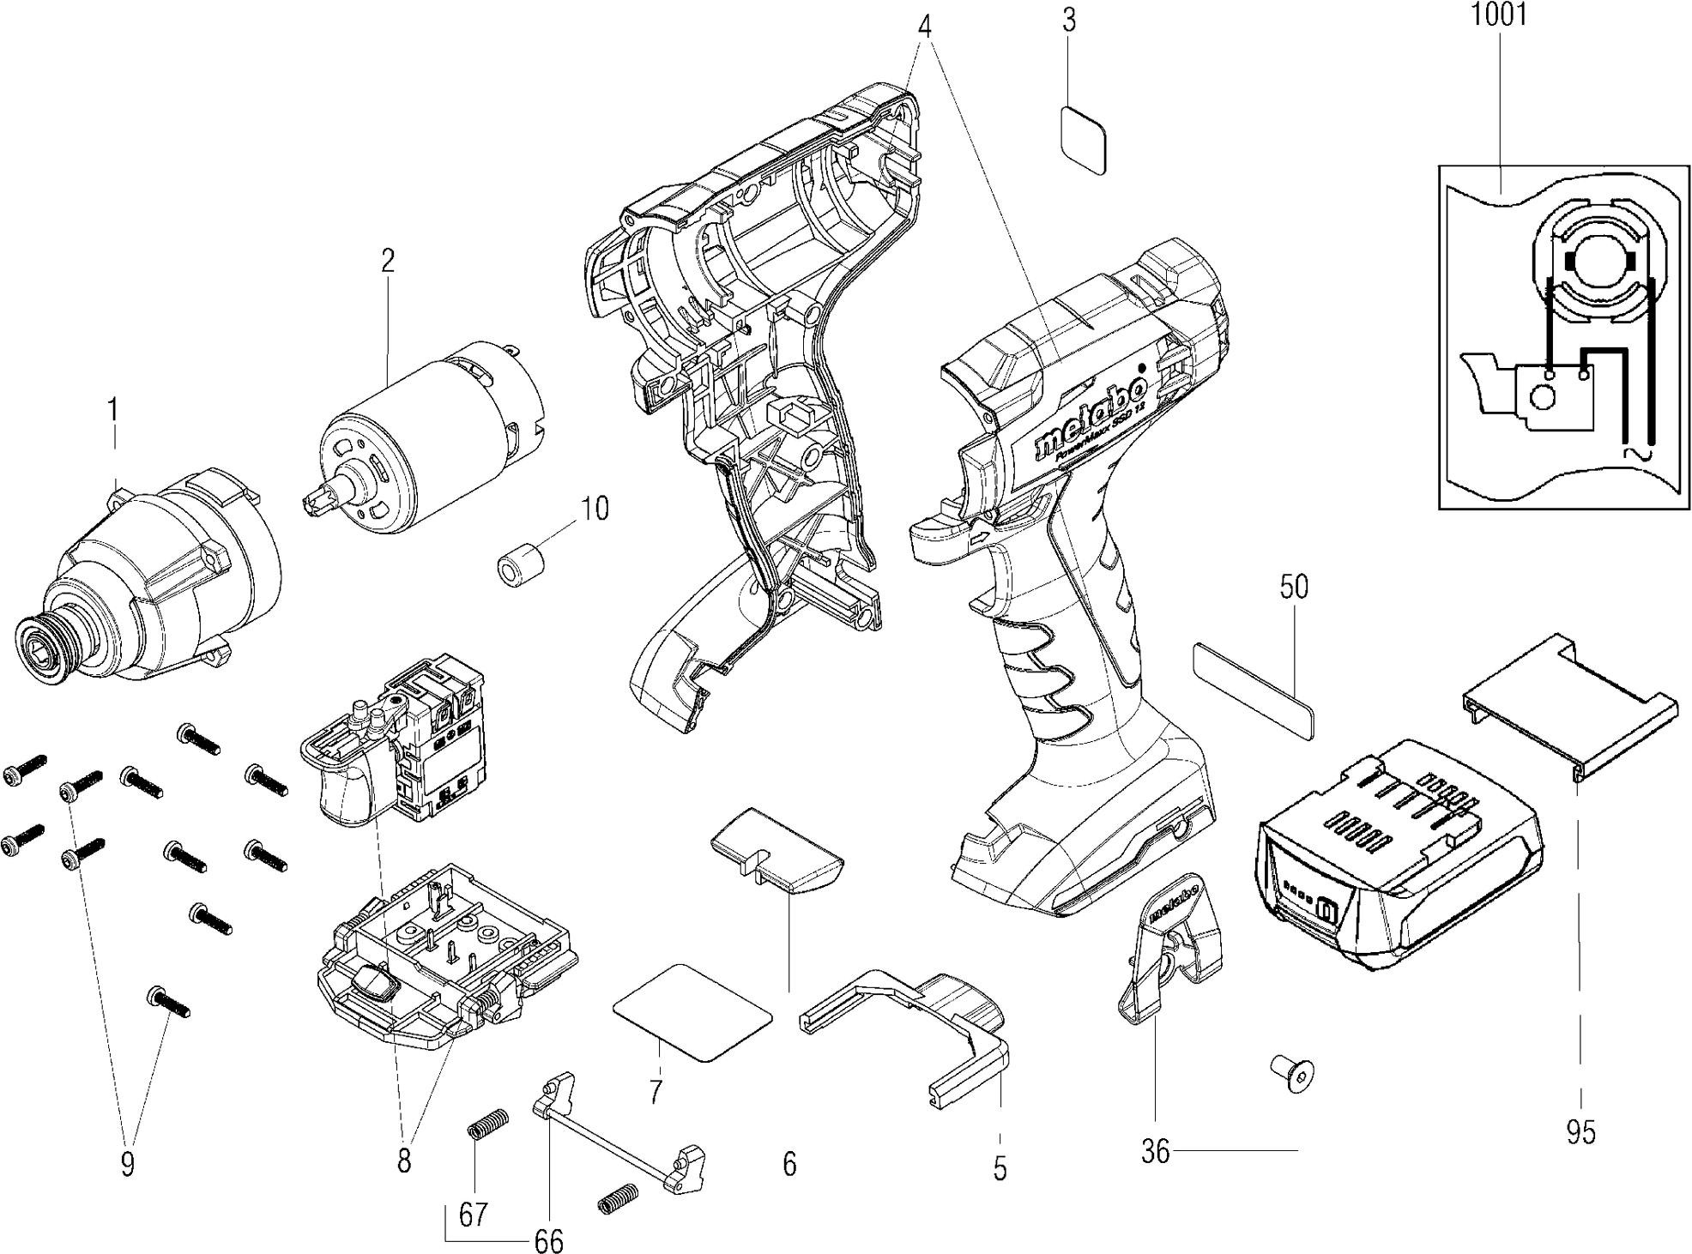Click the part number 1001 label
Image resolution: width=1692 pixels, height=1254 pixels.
1499,16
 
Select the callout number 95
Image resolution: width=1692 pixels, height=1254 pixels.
1580,1133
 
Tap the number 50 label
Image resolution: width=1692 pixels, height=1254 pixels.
1294,588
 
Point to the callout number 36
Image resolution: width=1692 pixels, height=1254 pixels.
1156,1151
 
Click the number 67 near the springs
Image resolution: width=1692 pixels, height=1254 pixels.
473,1215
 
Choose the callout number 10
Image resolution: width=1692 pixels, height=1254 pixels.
595,509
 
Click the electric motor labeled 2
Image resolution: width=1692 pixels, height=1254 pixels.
429,437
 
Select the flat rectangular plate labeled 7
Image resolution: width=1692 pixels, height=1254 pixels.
693,1012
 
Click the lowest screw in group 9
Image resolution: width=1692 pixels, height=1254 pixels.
168,1001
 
